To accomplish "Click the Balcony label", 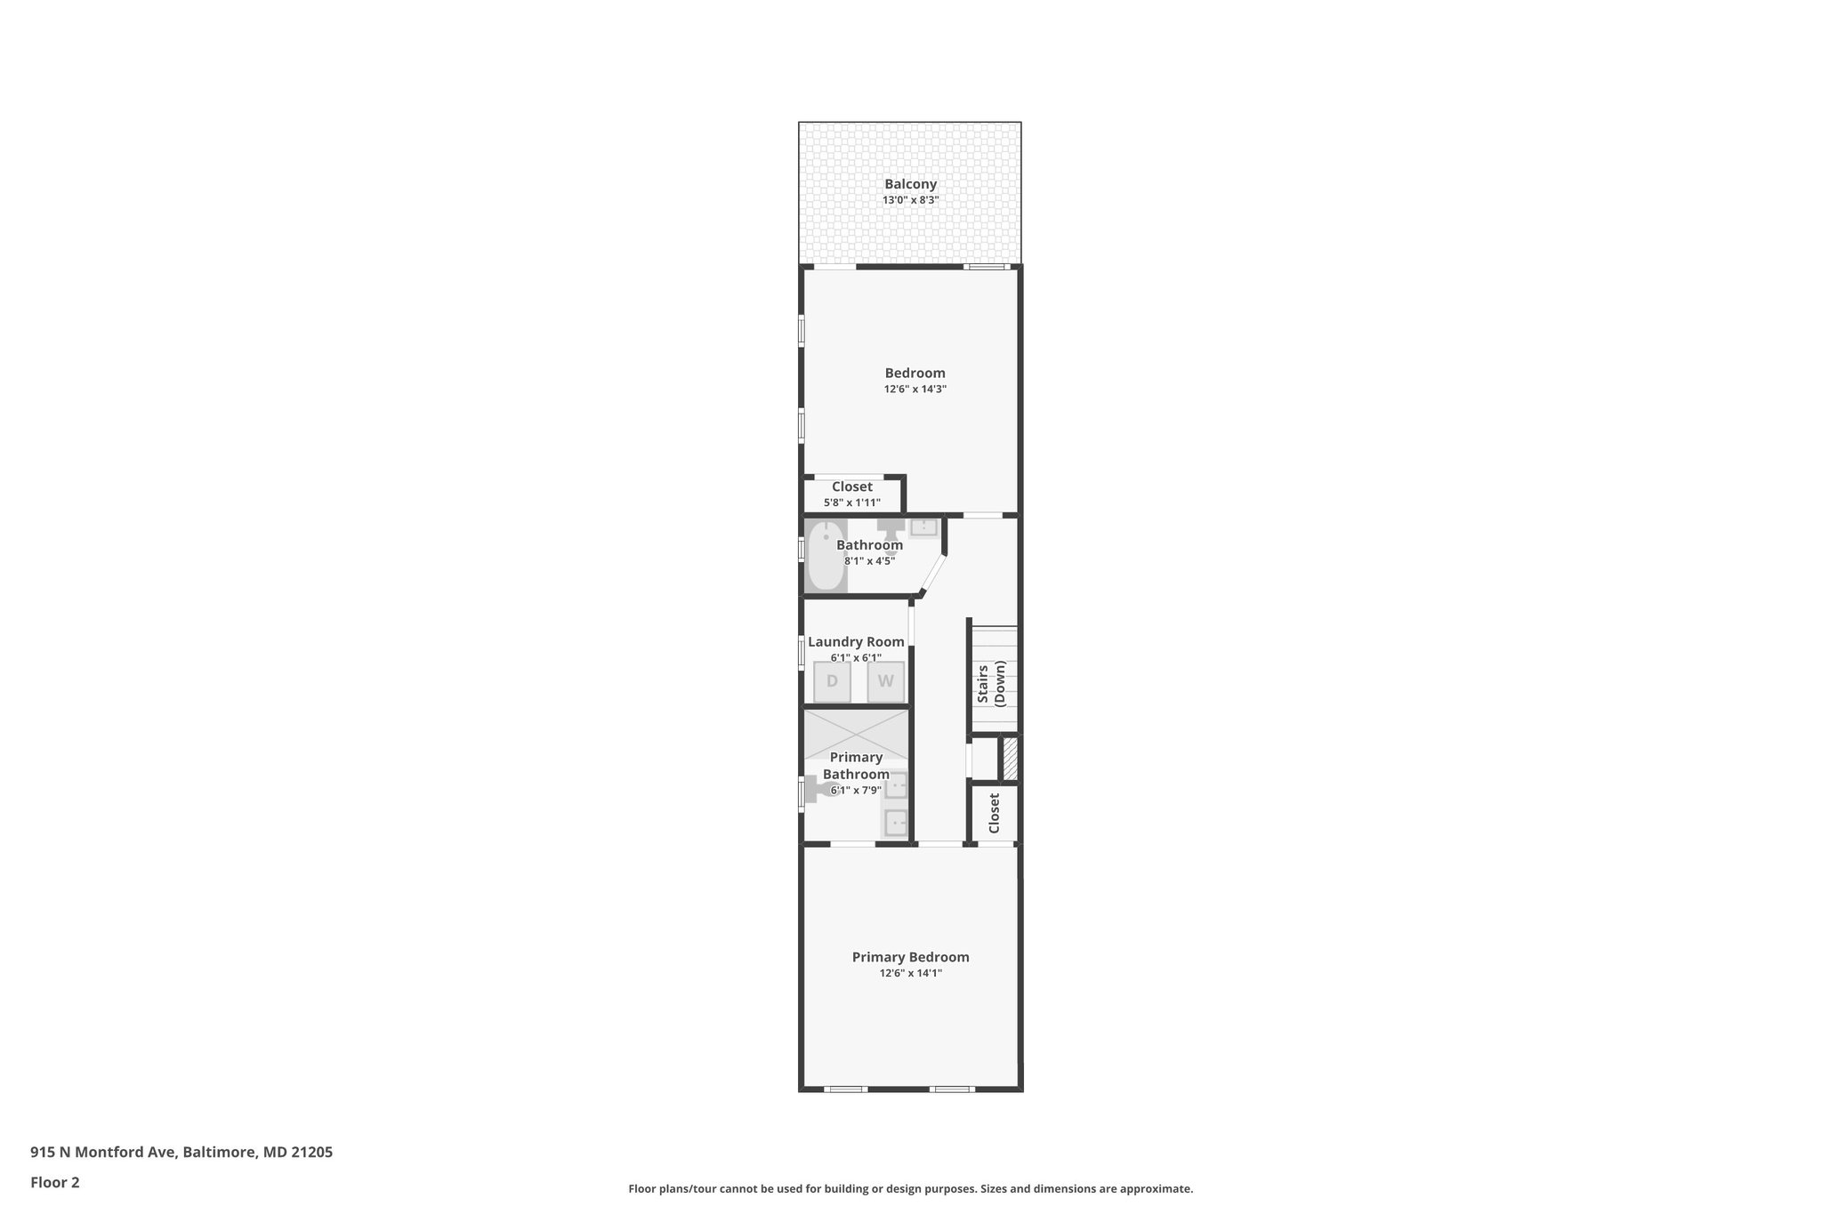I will pos(910,184).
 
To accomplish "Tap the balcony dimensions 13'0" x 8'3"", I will pos(910,201).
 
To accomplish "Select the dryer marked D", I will pos(832,682).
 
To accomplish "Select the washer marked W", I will pos(886,682).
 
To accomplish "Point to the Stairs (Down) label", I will pos(991,683).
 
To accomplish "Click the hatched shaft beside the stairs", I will pos(1010,759).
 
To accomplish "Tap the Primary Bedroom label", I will pos(910,957).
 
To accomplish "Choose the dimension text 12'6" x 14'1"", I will pos(910,974).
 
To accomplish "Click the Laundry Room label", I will pos(856,641).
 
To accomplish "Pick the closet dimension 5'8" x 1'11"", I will pos(851,502).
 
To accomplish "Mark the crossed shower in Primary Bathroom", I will pos(856,734).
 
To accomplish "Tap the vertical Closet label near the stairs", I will pos(994,813).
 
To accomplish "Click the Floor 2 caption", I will pos(55,1182).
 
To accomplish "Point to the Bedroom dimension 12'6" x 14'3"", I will pos(915,390).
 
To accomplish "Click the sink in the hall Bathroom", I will pos(923,527).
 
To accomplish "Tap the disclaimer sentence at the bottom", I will pos(910,1188).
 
